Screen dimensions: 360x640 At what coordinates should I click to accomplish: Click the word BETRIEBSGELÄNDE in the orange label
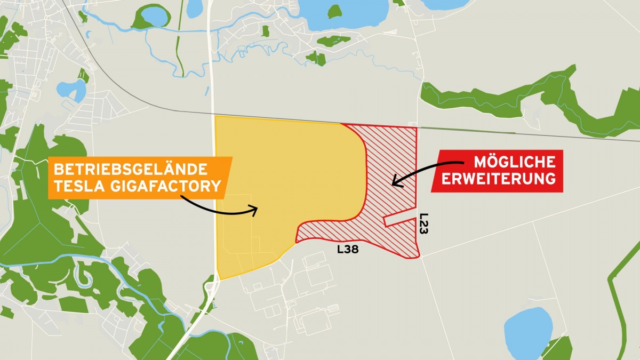129,170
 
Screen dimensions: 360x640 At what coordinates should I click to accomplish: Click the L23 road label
424,224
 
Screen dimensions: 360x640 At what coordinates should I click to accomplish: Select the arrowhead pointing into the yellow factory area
255,210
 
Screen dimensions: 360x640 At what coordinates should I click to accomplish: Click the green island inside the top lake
334,11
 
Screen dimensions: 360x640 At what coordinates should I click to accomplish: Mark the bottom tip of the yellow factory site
219,278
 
